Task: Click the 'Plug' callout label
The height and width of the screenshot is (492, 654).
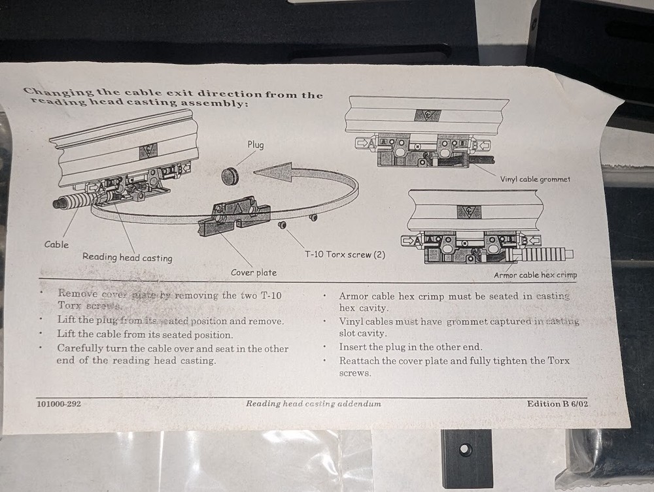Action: click(255, 144)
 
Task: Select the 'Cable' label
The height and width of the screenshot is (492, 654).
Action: click(56, 244)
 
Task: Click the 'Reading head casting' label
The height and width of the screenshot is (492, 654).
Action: click(127, 257)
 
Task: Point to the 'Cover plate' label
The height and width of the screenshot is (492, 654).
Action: click(254, 272)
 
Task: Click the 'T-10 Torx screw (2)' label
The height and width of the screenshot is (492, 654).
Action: click(345, 254)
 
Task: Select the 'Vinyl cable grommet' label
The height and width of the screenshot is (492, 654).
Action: click(535, 179)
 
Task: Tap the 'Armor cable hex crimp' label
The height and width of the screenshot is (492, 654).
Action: click(535, 275)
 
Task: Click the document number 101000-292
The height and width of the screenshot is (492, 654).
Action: click(59, 404)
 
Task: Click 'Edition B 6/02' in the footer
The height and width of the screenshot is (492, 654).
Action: click(557, 404)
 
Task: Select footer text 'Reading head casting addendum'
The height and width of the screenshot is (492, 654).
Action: click(313, 404)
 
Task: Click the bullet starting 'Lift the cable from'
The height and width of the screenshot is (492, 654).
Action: click(145, 335)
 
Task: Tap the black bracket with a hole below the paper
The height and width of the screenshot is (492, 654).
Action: click(466, 457)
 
